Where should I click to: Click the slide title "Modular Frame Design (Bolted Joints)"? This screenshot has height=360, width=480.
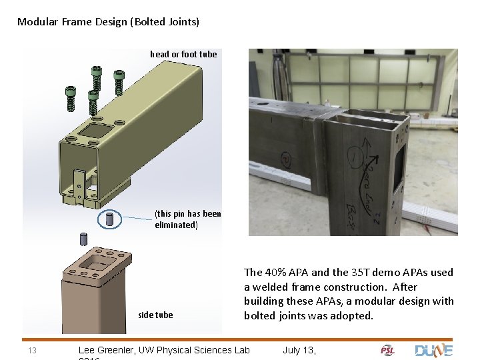pyautogui.click(x=108, y=21)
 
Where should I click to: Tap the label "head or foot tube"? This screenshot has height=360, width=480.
pyautogui.click(x=183, y=54)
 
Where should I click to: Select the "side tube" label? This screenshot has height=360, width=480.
pyautogui.click(x=155, y=315)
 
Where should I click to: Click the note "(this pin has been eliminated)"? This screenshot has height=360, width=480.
pyautogui.click(x=187, y=219)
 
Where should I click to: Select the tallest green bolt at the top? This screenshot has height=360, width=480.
pyautogui.click(x=98, y=77)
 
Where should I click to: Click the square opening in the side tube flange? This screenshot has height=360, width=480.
pyautogui.click(x=97, y=265)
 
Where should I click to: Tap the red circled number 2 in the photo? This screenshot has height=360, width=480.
pyautogui.click(x=286, y=159)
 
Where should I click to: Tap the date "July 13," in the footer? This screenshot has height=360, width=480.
pyautogui.click(x=299, y=350)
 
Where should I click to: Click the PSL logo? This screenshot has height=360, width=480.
pyautogui.click(x=388, y=350)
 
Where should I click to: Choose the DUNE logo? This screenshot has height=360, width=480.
pyautogui.click(x=433, y=350)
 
